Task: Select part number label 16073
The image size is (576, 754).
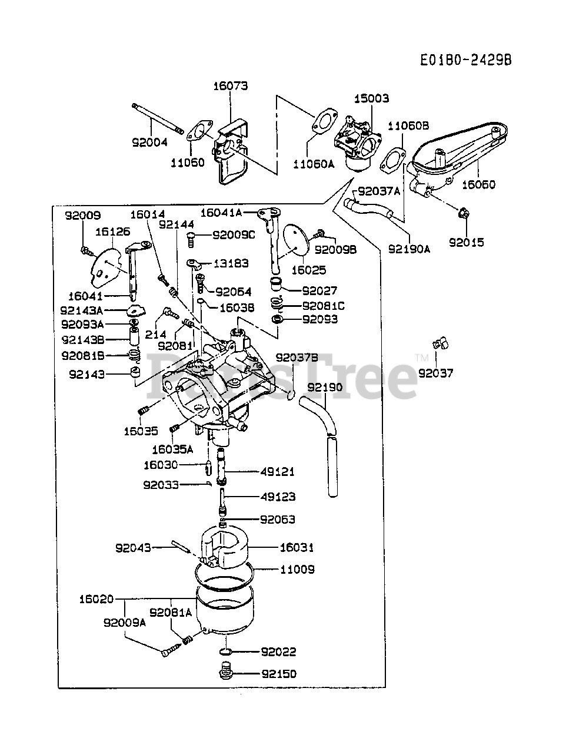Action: pyautogui.click(x=230, y=86)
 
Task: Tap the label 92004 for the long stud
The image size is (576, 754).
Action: pyautogui.click(x=149, y=142)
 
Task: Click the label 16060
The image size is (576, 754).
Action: pyautogui.click(x=478, y=184)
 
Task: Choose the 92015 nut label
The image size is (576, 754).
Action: pyautogui.click(x=466, y=242)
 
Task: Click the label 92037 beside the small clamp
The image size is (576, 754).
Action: pyautogui.click(x=436, y=373)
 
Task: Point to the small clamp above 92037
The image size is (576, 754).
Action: pyautogui.click(x=438, y=342)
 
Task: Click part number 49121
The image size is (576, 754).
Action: pyautogui.click(x=278, y=472)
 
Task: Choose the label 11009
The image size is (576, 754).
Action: pyautogui.click(x=297, y=570)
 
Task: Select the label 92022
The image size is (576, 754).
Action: pyautogui.click(x=278, y=652)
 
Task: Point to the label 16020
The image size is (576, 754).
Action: pyautogui.click(x=96, y=599)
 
